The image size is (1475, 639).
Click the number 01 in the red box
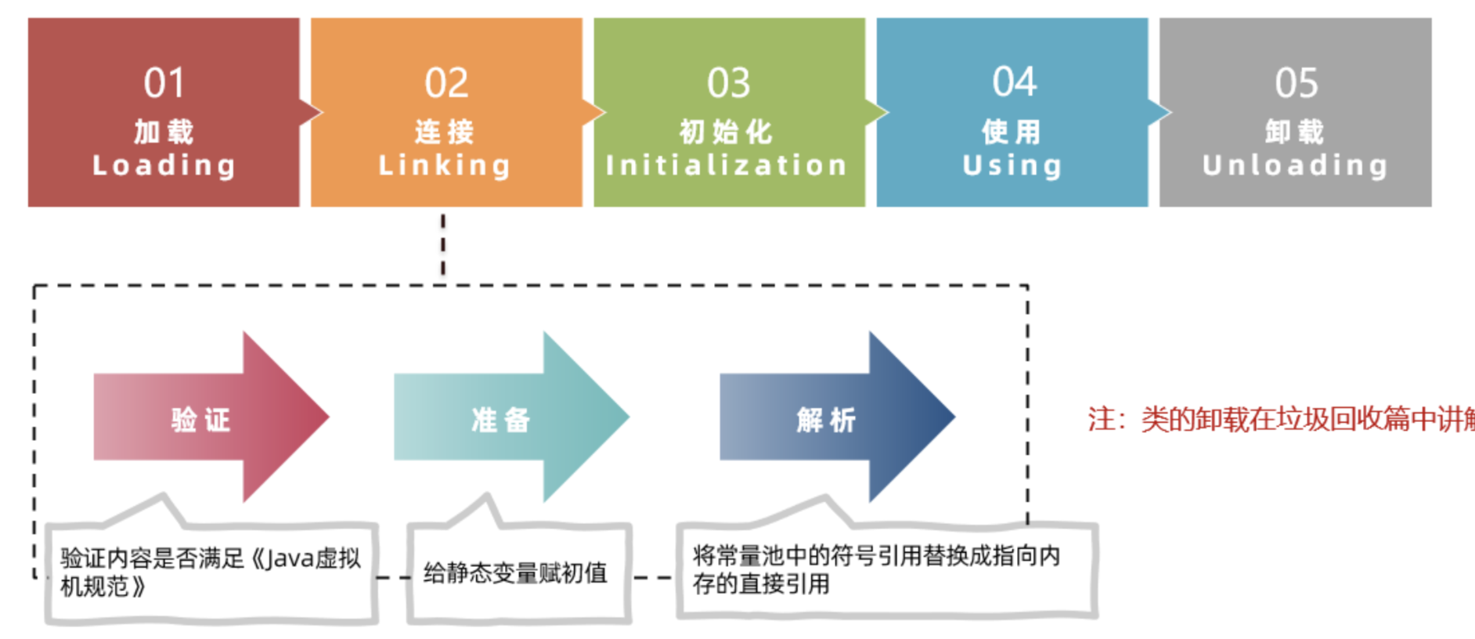point(164,83)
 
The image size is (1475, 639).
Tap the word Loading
point(164,165)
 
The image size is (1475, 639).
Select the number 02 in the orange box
point(446,83)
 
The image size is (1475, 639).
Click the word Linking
point(445,165)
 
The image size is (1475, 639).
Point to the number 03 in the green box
point(728,83)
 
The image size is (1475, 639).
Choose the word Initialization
point(727,165)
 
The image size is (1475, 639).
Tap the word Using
point(1012,165)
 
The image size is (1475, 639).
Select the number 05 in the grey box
point(1296,83)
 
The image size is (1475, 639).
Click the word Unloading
point(1295,165)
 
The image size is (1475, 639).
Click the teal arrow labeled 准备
point(502,419)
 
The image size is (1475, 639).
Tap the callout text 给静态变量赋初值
point(515,573)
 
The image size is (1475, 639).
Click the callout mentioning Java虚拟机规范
point(210,572)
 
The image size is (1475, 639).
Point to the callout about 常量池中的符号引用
point(876,569)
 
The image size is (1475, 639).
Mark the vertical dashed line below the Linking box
point(443,244)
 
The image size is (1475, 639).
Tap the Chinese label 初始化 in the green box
point(726,132)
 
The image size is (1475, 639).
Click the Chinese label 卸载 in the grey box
point(1294,132)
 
